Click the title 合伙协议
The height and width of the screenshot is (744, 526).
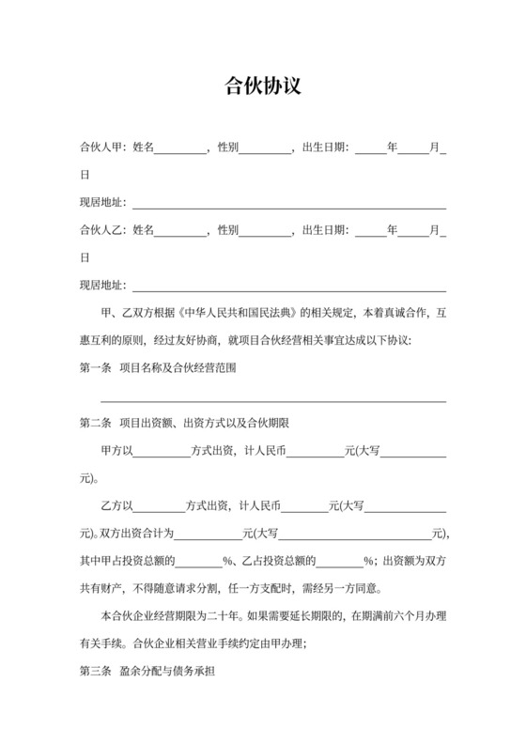pyautogui.click(x=263, y=86)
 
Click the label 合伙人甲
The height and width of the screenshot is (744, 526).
pyautogui.click(x=102, y=147)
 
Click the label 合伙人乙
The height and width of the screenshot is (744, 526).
pyautogui.click(x=102, y=230)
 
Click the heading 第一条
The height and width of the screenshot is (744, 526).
pyautogui.click(x=95, y=367)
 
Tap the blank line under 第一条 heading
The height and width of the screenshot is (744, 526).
pyautogui.click(x=280, y=400)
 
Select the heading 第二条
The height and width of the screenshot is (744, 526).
pyautogui.click(x=95, y=423)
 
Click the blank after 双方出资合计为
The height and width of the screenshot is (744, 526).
pyautogui.click(x=209, y=536)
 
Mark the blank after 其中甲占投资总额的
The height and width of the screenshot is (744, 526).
pyautogui.click(x=199, y=564)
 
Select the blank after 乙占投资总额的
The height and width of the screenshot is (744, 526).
pyautogui.click(x=340, y=564)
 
